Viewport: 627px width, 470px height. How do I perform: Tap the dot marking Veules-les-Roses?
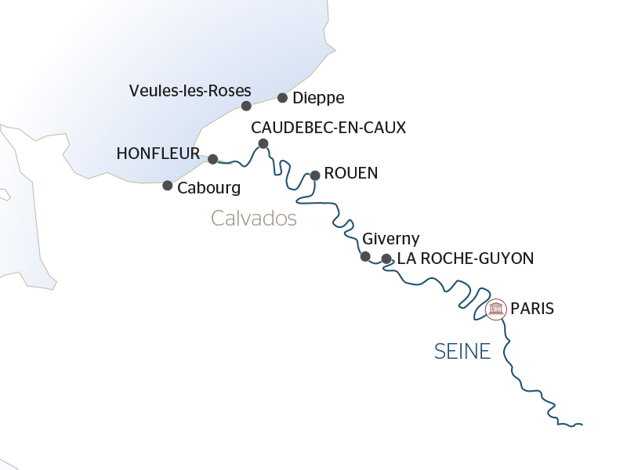246,106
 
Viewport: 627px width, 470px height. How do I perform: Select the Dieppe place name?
318,99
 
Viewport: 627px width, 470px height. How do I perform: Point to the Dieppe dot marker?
282,98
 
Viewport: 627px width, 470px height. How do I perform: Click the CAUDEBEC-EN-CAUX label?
328,127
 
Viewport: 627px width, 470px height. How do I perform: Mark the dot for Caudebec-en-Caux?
263,143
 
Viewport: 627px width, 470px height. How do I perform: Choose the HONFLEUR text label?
158,154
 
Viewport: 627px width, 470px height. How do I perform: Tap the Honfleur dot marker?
212,159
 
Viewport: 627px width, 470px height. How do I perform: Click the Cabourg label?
208,188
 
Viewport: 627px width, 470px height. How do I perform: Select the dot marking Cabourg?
167,186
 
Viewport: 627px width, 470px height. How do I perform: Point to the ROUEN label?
350,173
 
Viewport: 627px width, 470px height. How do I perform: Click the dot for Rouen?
315,175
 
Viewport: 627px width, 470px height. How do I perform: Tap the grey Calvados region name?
254,219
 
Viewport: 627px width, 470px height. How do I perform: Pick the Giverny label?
391,239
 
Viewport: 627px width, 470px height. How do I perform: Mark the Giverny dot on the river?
365,256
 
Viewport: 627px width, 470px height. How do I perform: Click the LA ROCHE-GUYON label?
466,258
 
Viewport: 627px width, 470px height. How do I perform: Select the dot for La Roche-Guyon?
386,258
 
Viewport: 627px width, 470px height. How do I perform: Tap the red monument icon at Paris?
495,309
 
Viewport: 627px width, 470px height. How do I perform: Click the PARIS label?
532,309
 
